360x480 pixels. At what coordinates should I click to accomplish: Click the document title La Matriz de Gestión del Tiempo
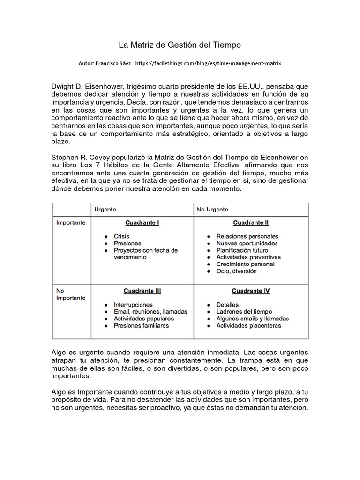pyautogui.click(x=180, y=45)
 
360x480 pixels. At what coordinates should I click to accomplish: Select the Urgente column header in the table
pyautogui.click(x=105, y=210)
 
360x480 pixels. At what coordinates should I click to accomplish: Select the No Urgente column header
pyautogui.click(x=212, y=210)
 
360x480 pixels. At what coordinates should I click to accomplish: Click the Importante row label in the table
pyautogui.click(x=71, y=223)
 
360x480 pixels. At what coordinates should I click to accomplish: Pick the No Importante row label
pyautogui.click(x=71, y=294)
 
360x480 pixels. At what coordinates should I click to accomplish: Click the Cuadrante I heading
pyautogui.click(x=142, y=223)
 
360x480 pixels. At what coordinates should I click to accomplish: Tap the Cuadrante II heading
pyautogui.click(x=250, y=223)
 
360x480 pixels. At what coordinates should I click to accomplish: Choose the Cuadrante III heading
pyautogui.click(x=142, y=291)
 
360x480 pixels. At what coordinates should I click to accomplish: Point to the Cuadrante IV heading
pyautogui.click(x=250, y=291)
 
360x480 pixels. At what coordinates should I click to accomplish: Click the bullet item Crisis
pyautogui.click(x=121, y=236)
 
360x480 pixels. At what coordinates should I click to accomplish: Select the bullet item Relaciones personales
pyautogui.click(x=247, y=236)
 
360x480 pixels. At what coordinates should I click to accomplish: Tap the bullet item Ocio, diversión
pyautogui.click(x=236, y=271)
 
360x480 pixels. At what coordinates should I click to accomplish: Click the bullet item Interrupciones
pyautogui.click(x=133, y=305)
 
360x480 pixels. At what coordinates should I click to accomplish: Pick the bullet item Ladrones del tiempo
pyautogui.click(x=244, y=312)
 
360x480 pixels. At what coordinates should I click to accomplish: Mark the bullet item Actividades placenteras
pyautogui.click(x=248, y=325)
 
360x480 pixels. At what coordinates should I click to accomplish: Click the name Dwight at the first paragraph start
pyautogui.click(x=62, y=87)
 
